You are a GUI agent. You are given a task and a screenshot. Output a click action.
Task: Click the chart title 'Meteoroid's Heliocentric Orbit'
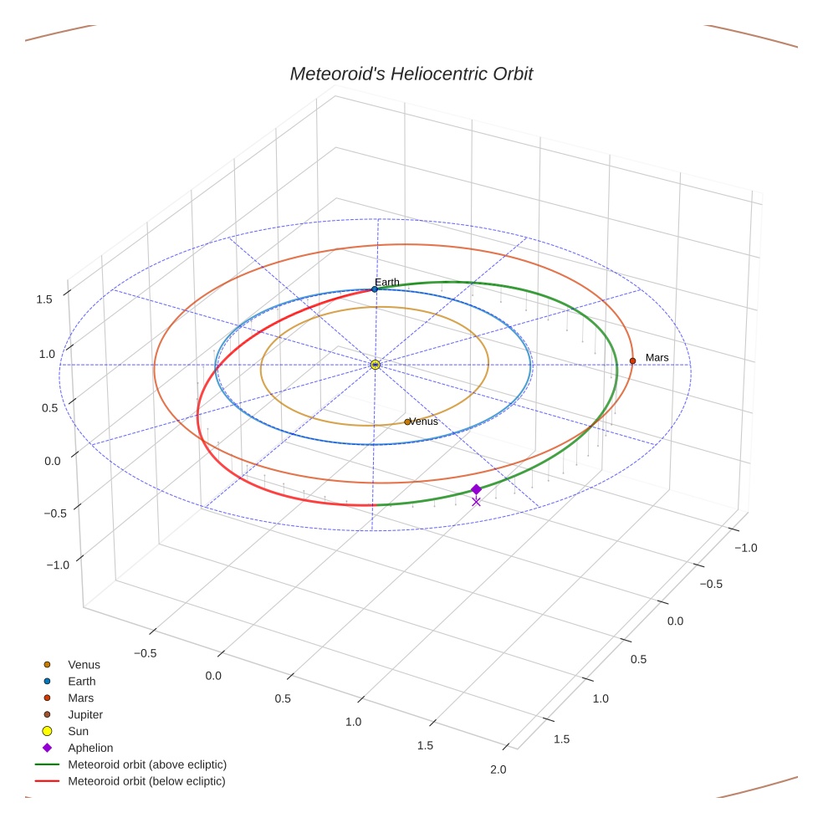tap(411, 74)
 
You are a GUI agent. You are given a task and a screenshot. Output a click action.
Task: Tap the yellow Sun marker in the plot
tap(376, 365)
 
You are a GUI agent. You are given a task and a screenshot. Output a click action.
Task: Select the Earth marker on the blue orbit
tap(375, 289)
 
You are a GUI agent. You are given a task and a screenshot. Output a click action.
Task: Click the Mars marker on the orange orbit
tap(632, 360)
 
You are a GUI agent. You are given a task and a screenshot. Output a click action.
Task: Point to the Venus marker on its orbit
tap(407, 422)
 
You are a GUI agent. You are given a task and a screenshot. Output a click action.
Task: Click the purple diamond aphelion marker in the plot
tap(476, 489)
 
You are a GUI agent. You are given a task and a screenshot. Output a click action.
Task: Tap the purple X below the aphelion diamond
tap(476, 502)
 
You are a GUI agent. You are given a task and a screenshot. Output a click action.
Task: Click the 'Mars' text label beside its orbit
tap(657, 358)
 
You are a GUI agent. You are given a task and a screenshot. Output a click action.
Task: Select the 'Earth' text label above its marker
tap(387, 283)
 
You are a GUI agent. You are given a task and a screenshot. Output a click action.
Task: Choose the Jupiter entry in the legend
tap(85, 714)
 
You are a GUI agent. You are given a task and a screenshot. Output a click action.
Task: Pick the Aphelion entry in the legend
tap(90, 748)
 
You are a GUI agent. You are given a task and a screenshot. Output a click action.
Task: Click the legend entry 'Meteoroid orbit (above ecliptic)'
tap(147, 764)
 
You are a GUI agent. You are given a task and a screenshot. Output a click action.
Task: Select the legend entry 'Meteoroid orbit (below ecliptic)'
tap(147, 781)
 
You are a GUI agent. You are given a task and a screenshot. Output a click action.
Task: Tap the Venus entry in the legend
tap(84, 665)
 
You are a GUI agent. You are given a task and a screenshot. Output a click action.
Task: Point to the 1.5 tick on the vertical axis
tap(44, 299)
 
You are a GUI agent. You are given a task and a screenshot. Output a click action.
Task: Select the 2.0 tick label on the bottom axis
tap(498, 769)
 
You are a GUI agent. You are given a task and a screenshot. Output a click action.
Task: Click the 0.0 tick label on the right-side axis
tap(675, 621)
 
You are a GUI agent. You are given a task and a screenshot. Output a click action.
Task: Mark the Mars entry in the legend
tap(81, 698)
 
